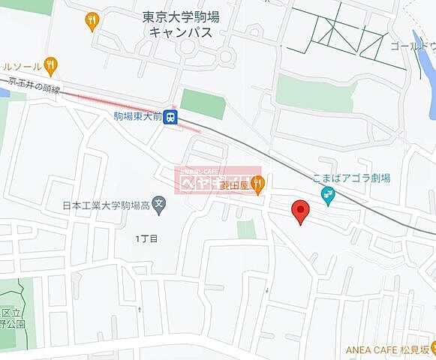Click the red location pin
300,212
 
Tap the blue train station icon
171,116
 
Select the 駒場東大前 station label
138,116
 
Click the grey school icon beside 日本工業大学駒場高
158,203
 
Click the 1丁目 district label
147,238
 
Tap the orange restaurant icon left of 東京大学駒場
92,20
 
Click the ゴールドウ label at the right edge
413,46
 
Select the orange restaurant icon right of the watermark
257,181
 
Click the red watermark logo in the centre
218,180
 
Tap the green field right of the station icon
203,103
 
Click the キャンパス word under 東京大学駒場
180,32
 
